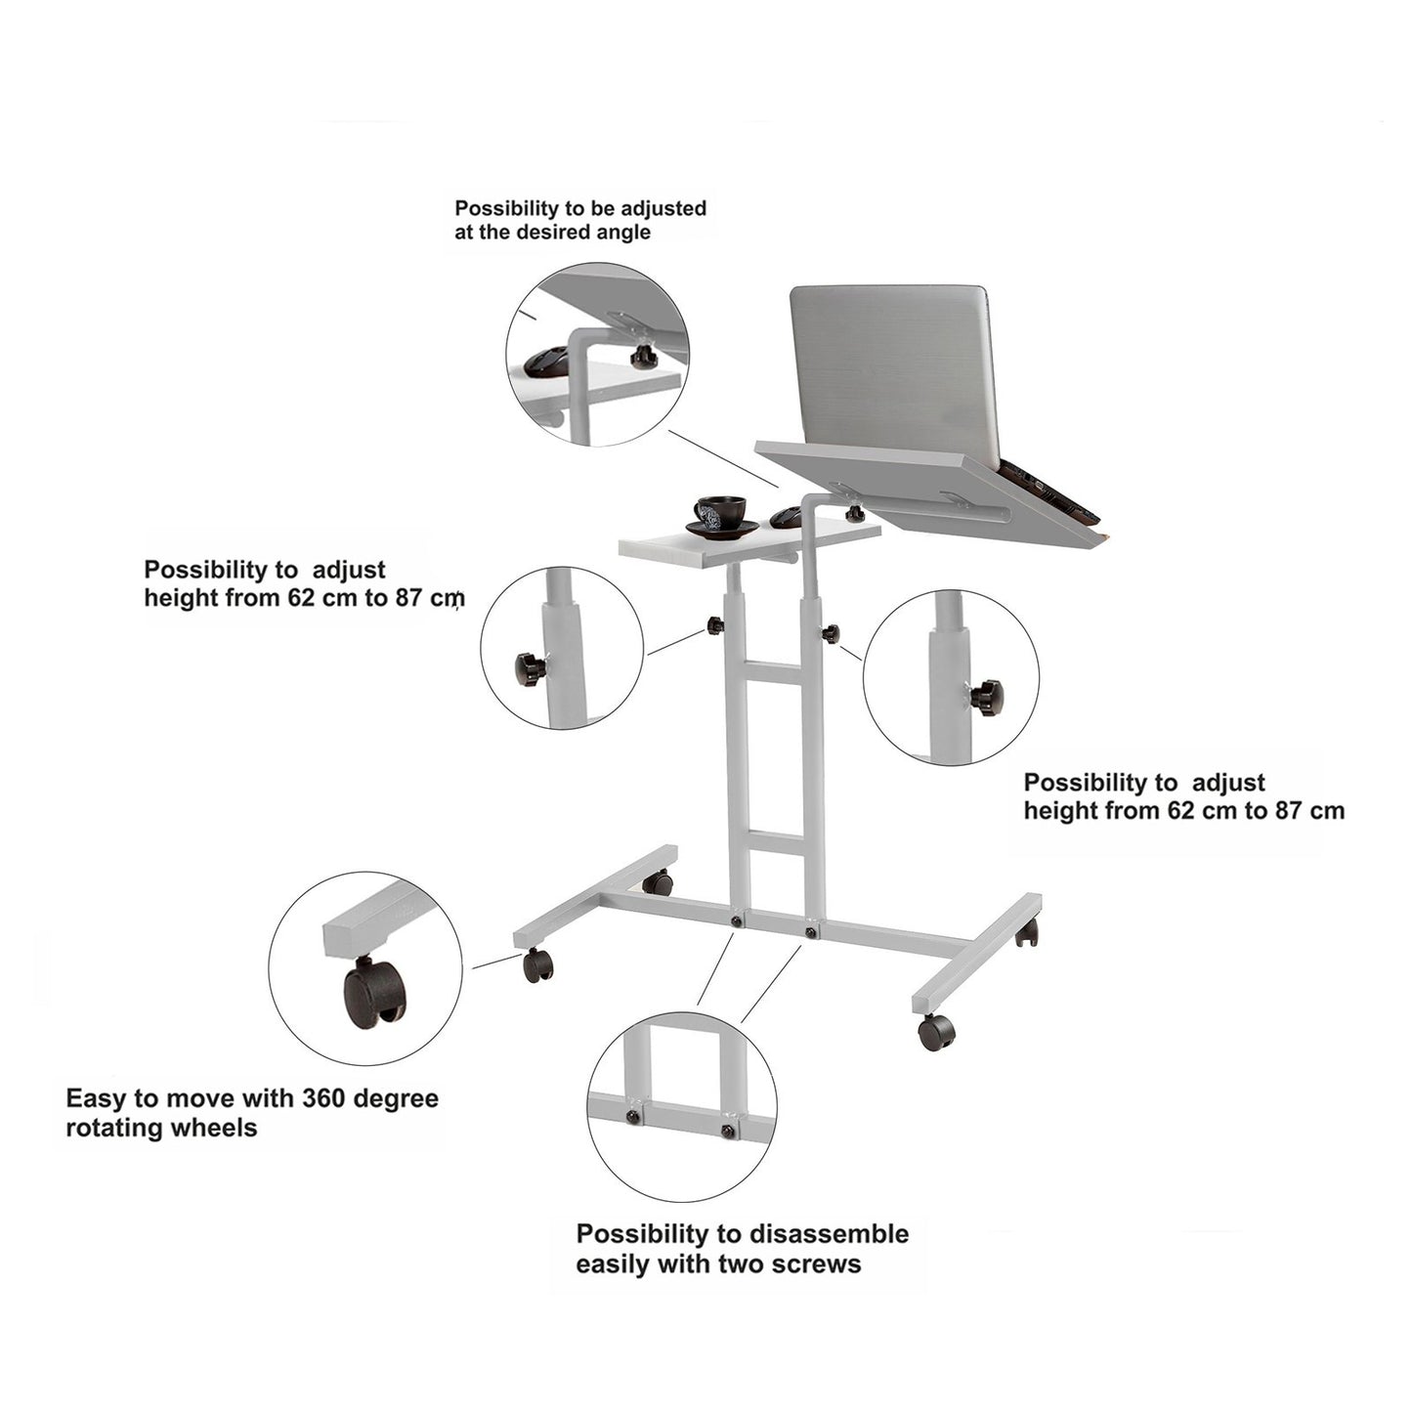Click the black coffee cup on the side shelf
[x=720, y=511]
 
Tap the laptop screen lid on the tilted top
[x=895, y=370]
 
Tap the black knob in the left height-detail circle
[x=530, y=668]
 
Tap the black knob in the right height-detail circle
[x=986, y=693]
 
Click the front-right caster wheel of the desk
[x=936, y=1032]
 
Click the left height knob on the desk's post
[x=715, y=625]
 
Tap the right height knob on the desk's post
[x=831, y=634]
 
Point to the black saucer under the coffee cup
[x=722, y=529]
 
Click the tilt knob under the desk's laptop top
[x=852, y=512]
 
